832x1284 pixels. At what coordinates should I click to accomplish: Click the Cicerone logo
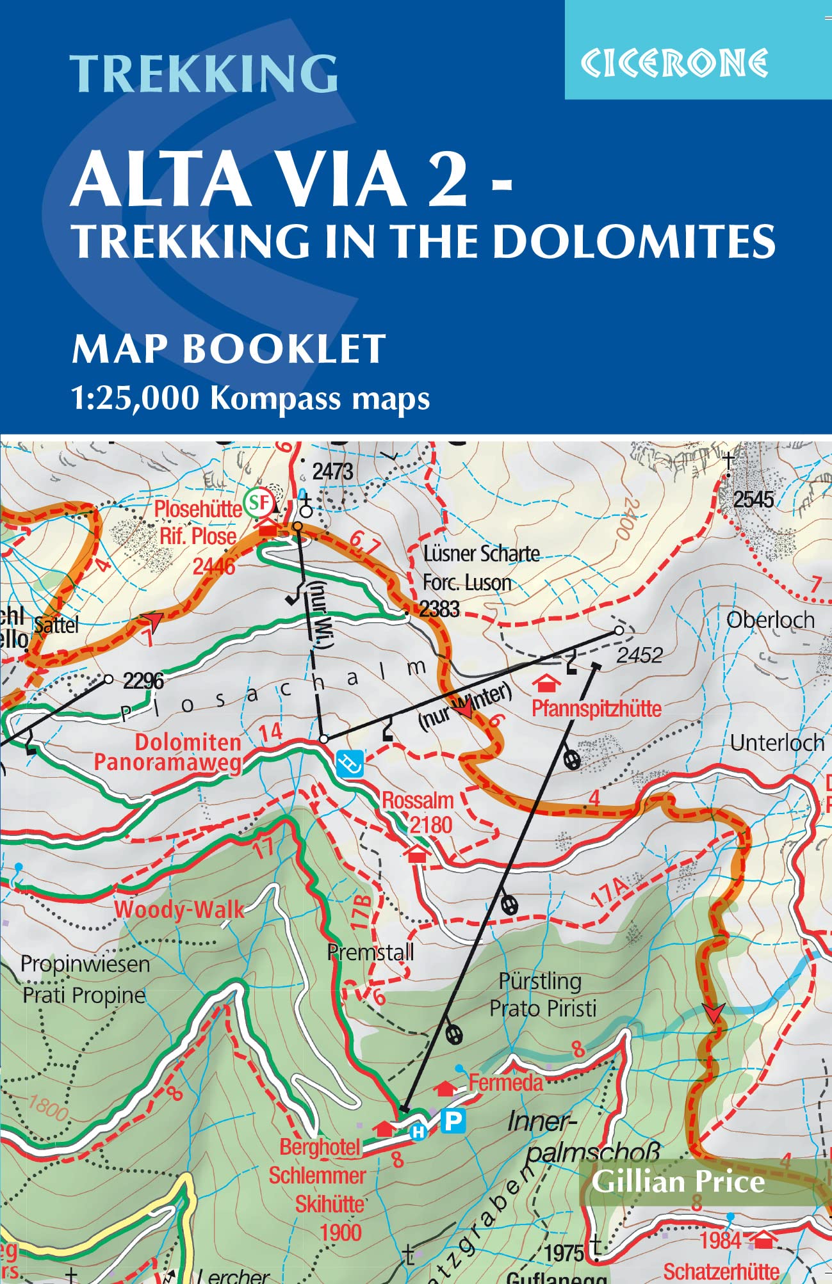pos(674,63)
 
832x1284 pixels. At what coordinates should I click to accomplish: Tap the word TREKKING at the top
pos(204,73)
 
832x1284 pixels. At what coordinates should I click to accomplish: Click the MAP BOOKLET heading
pos(229,349)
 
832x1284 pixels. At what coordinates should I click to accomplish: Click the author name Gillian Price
pos(678,1182)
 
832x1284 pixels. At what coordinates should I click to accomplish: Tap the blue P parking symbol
pos(453,1121)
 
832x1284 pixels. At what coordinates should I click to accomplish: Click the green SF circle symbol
pos(259,502)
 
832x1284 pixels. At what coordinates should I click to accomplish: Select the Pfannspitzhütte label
pos(596,709)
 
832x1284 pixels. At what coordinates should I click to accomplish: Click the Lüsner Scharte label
pos(481,554)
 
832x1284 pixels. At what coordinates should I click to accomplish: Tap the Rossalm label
pos(418,801)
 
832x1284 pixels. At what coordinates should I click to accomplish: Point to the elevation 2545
pos(753,499)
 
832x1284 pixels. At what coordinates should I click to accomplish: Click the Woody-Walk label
pos(179,910)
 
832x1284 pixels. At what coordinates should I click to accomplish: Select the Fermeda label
pos(505,1083)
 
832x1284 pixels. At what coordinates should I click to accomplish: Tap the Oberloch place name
pos(771,620)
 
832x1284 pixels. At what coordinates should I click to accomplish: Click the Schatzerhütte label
pos(721,1271)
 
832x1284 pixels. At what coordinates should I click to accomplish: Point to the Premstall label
pos(370,952)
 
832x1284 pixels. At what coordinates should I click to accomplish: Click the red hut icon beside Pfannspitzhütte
pos(545,684)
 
